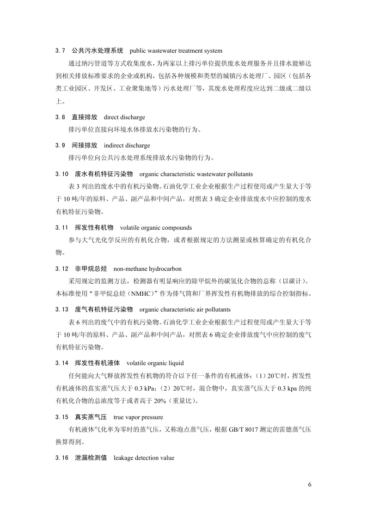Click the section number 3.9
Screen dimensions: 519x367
(x=60, y=145)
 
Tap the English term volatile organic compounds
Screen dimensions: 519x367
(x=156, y=228)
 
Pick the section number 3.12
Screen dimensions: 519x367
(x=61, y=269)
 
